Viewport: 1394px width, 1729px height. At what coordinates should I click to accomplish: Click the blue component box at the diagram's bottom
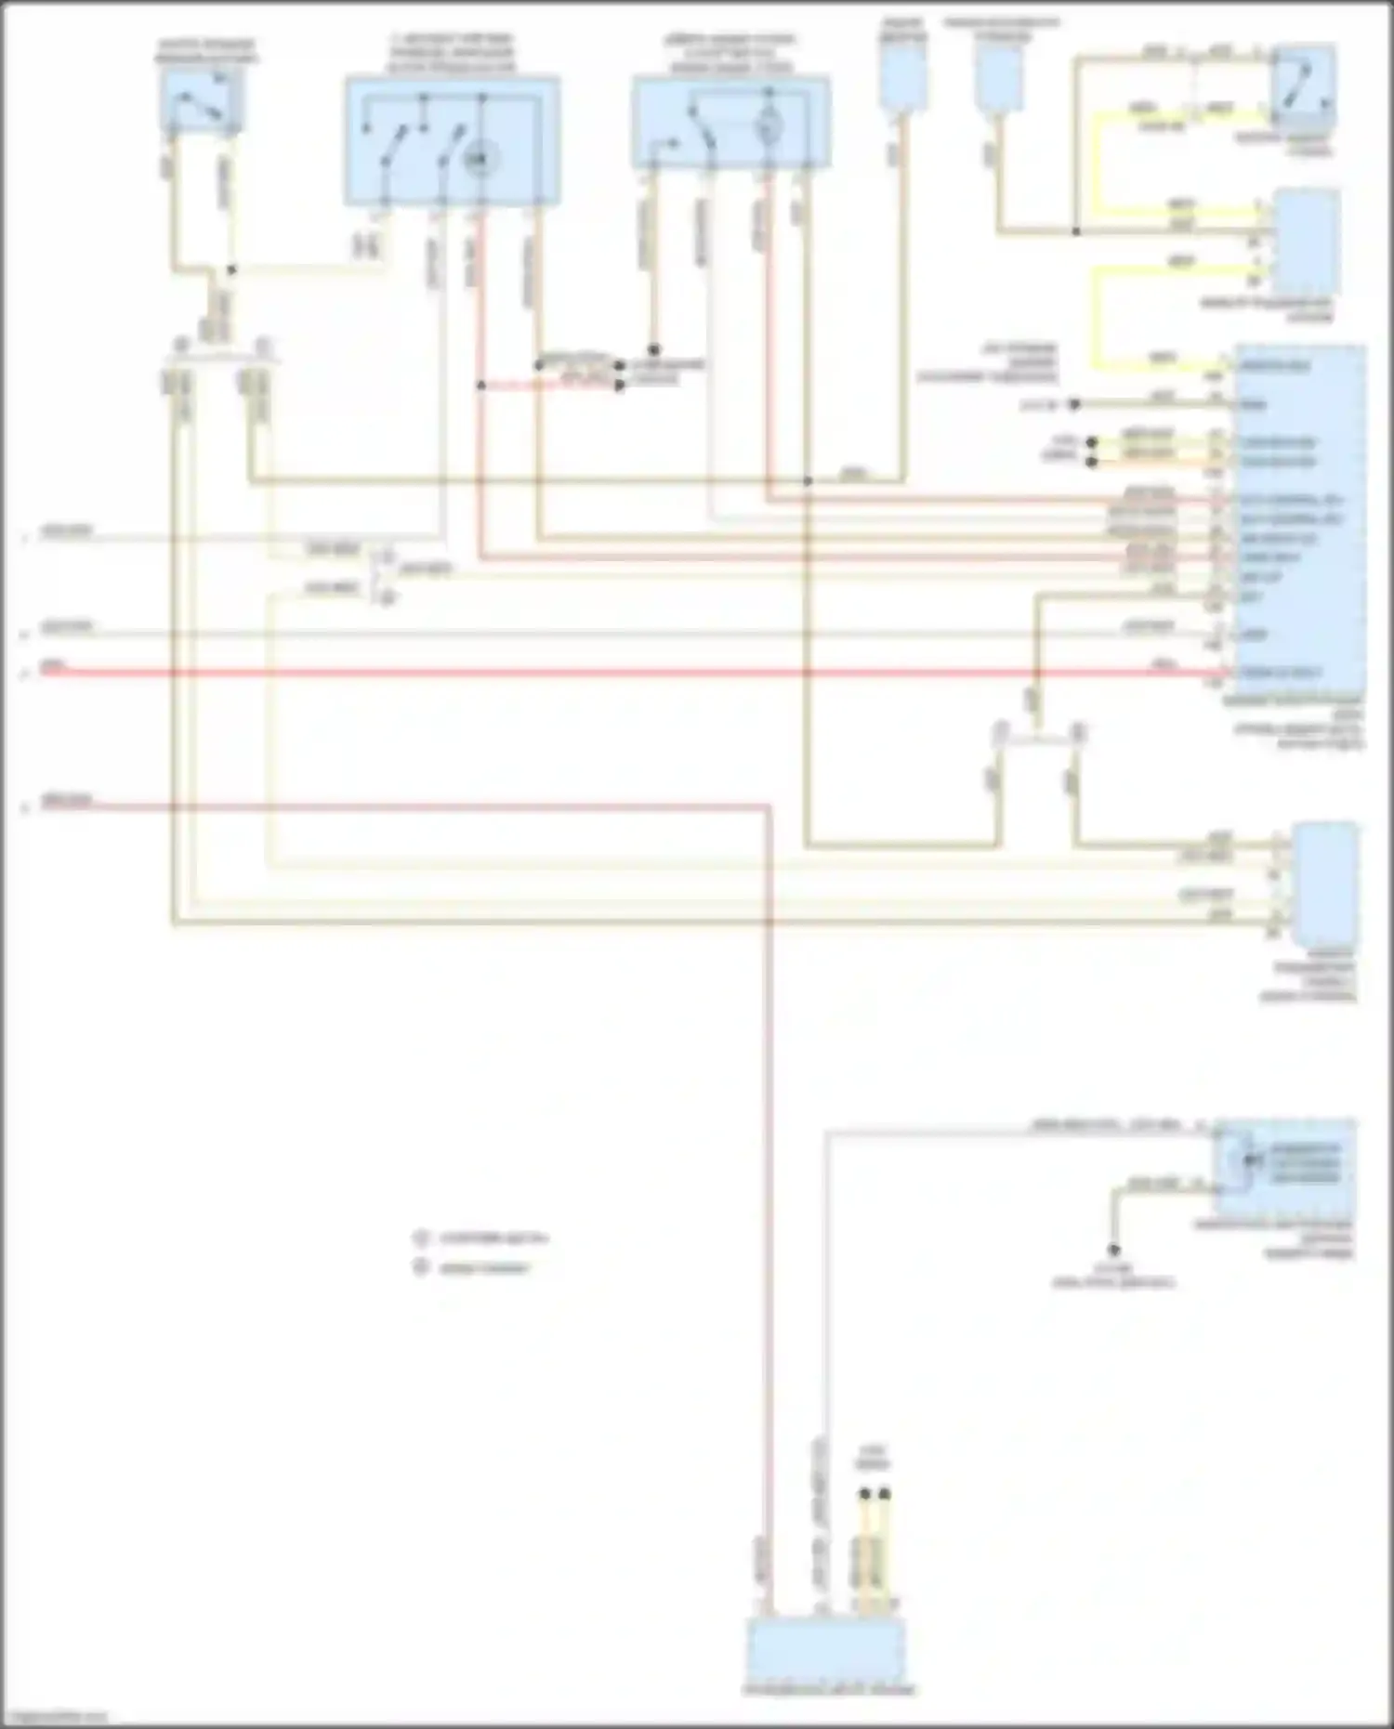pyautogui.click(x=825, y=1650)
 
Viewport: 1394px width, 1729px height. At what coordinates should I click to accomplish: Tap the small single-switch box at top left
pyautogui.click(x=202, y=99)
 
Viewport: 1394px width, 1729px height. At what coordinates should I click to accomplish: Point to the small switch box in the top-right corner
pyautogui.click(x=1304, y=85)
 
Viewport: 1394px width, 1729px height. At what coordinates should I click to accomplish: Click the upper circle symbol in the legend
pyautogui.click(x=421, y=1238)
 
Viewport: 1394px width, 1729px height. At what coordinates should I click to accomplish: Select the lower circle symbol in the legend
pyautogui.click(x=421, y=1266)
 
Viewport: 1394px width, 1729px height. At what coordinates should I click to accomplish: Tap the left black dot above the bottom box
pyautogui.click(x=864, y=1494)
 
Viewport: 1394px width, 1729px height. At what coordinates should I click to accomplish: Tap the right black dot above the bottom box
pyautogui.click(x=885, y=1494)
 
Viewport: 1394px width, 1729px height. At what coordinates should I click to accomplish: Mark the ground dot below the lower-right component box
pyautogui.click(x=1113, y=1251)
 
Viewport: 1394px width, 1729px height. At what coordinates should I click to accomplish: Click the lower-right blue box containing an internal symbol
pyautogui.click(x=1284, y=1168)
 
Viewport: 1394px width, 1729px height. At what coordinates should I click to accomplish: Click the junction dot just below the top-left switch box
pyautogui.click(x=231, y=270)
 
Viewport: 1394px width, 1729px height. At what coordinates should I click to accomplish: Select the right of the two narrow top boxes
pyautogui.click(x=999, y=78)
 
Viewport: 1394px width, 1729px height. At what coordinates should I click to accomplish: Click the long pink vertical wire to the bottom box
pyautogui.click(x=770, y=1208)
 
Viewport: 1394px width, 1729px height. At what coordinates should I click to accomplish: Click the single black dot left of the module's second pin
pyautogui.click(x=1073, y=405)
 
